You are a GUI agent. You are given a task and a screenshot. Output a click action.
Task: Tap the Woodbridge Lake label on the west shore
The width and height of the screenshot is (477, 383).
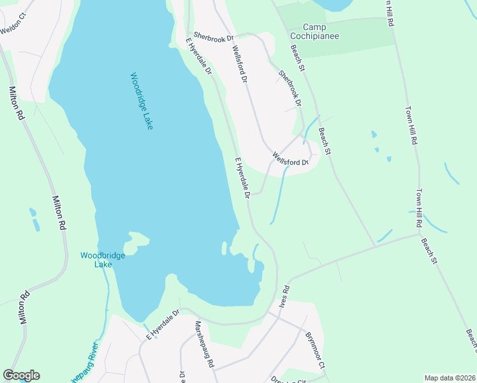coord(98,260)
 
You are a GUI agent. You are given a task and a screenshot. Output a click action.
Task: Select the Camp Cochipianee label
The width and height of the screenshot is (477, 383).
coord(321,31)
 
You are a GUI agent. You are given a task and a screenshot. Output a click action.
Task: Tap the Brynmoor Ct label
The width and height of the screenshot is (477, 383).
coord(315,350)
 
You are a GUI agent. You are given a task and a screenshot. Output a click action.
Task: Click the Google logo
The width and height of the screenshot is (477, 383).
coord(21,375)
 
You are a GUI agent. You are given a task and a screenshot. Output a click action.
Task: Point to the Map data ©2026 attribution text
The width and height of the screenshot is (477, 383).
coord(450,377)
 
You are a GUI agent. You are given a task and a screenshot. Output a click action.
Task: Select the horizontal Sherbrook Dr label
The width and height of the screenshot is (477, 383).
coord(214,38)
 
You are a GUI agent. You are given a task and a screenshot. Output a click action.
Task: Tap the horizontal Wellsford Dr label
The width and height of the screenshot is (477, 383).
coord(290,158)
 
